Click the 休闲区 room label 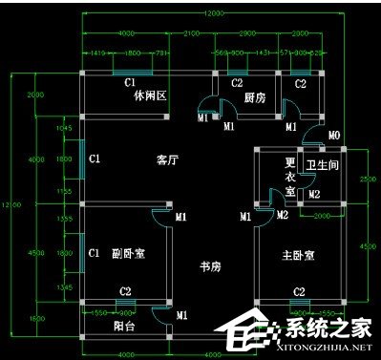[151, 95]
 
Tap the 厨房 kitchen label [254, 97]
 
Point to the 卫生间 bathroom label [322, 163]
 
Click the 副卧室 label [127, 253]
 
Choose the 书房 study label [210, 265]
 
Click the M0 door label [334, 137]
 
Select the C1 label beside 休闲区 [127, 83]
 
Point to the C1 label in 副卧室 [94, 253]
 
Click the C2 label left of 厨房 [237, 83]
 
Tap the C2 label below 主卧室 [299, 290]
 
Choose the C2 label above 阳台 [125, 290]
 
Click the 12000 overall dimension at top [212, 12]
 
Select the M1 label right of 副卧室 [180, 218]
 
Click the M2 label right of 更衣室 [313, 195]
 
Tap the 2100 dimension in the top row [191, 33]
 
